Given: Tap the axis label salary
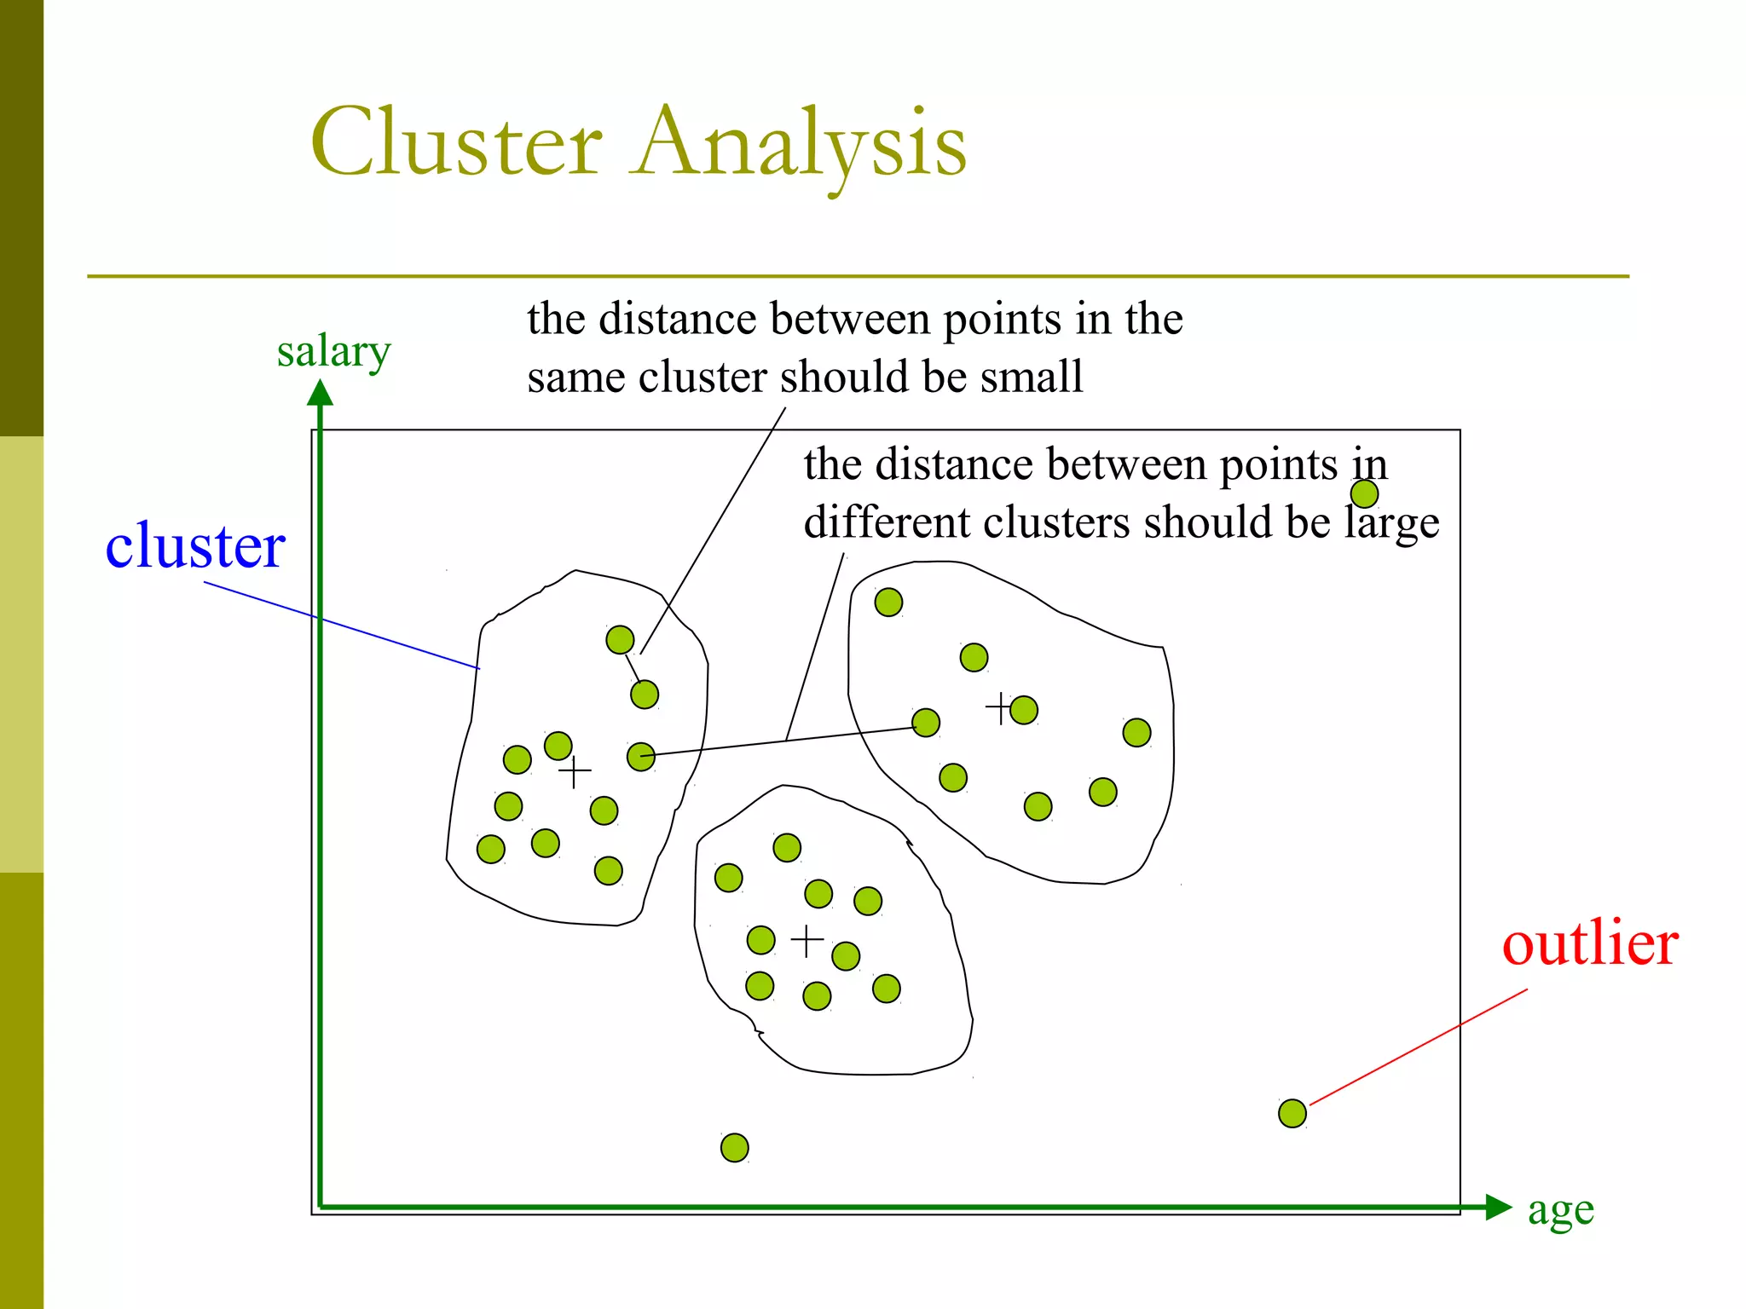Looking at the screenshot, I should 333,351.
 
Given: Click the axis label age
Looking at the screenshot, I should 1560,1210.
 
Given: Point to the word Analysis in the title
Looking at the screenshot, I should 801,142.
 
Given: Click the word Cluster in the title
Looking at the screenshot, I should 457,142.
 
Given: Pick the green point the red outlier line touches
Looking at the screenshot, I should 1292,1113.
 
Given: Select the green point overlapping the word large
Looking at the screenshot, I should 1364,493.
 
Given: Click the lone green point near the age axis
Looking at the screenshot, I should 734,1148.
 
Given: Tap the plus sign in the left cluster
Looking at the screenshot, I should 575,772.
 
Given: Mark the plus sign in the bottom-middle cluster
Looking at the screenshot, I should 807,941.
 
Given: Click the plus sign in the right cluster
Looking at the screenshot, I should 999,708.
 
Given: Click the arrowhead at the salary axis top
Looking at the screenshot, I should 320,393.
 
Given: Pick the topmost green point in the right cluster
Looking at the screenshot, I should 888,603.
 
